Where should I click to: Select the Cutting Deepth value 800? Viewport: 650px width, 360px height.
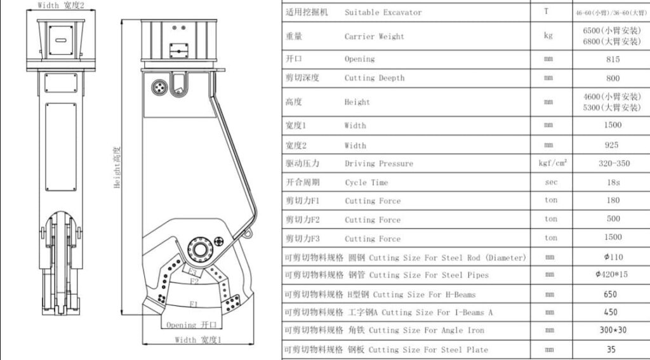pos(613,78)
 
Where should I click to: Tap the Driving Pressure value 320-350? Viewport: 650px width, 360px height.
pos(614,163)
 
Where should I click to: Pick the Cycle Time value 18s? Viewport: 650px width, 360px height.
pos(613,182)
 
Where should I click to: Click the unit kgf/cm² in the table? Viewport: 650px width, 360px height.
pos(552,163)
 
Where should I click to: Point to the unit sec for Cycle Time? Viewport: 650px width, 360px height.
pos(550,182)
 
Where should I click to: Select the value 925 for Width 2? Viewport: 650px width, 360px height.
pos(612,145)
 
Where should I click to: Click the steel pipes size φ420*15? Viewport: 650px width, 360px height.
pos(613,275)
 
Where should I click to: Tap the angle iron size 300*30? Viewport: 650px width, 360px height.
pos(613,330)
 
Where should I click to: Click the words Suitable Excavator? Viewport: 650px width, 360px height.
pos(383,12)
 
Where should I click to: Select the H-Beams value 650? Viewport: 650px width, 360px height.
pos(612,295)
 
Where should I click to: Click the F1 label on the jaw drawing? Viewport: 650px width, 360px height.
pos(193,303)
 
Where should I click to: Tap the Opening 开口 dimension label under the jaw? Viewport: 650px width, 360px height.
pos(191,325)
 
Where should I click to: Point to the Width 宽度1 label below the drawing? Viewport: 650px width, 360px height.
pos(198,340)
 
